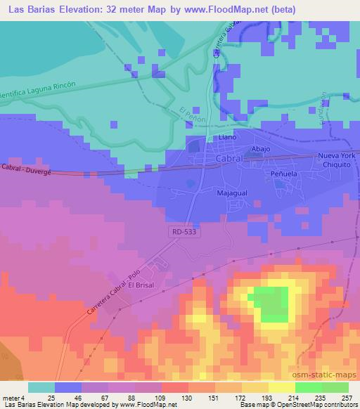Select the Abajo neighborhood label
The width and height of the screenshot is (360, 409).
(x=262, y=149)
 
